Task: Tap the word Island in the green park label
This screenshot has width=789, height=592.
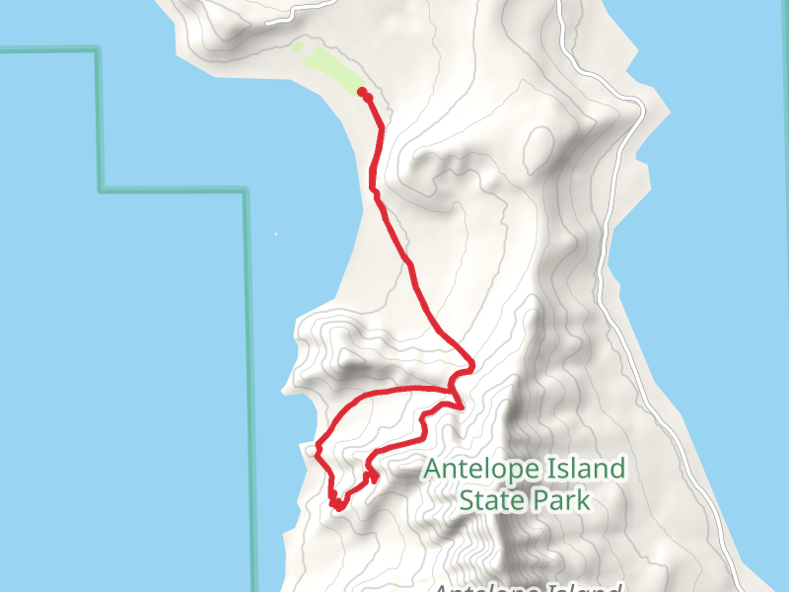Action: pyautogui.click(x=578, y=468)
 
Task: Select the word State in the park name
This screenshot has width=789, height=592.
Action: pyautogui.click(x=491, y=500)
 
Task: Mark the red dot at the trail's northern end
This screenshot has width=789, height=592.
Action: pyautogui.click(x=362, y=92)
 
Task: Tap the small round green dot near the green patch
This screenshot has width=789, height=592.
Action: pyautogui.click(x=298, y=45)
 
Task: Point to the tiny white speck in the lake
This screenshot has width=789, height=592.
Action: pyautogui.click(x=275, y=234)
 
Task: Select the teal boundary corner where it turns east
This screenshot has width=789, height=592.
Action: pyautogui.click(x=100, y=189)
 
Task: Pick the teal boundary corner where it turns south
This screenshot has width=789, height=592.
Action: pyautogui.click(x=246, y=190)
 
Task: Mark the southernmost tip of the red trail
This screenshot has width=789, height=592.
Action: pyautogui.click(x=337, y=509)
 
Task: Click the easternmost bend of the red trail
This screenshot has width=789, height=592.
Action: pyautogui.click(x=472, y=366)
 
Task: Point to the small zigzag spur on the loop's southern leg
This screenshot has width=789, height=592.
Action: pyautogui.click(x=373, y=476)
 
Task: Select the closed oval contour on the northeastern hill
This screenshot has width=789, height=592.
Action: pyautogui.click(x=539, y=148)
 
